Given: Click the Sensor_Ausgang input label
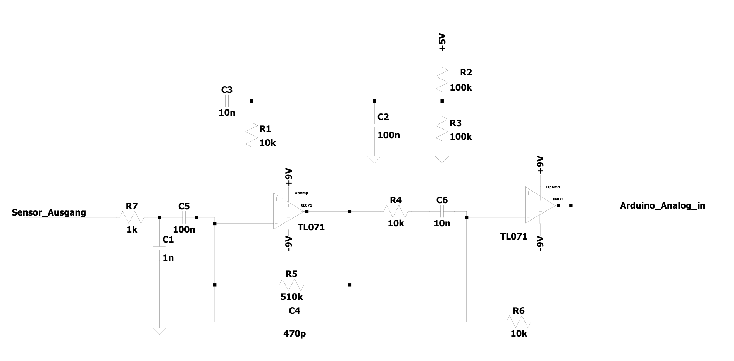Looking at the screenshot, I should [49, 212].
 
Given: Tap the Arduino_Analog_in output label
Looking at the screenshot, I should [662, 205].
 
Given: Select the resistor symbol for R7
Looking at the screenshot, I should [132, 217].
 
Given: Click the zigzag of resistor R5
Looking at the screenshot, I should [291, 285].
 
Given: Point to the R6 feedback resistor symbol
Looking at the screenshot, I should [519, 322].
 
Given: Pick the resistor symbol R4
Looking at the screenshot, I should [396, 211].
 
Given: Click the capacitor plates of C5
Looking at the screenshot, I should [184, 217].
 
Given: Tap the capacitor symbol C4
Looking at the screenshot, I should [295, 322].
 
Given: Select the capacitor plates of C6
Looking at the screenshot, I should [442, 211].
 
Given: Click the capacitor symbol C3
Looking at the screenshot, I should [227, 101].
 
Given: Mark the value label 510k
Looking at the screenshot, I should [291, 297].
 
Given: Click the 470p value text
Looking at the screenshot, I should [295, 334].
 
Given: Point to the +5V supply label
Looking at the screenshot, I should [442, 42].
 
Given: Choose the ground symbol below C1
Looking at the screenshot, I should [159, 331].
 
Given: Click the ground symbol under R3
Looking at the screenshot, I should [442, 159].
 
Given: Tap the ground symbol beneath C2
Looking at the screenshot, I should [374, 159].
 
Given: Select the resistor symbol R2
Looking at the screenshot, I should [442, 79].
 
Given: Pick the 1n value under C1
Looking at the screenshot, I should [168, 258].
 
